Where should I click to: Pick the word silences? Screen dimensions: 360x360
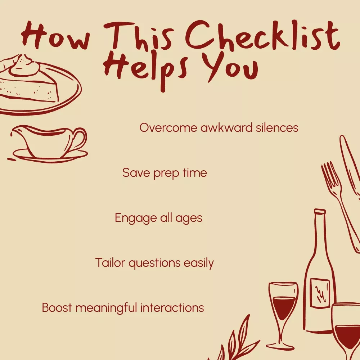[277, 127]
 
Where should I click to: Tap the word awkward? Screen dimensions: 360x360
[226, 127]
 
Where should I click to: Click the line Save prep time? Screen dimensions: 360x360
[165, 173]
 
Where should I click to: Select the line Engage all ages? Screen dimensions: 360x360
[158, 218]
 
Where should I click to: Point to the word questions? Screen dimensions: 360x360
[154, 263]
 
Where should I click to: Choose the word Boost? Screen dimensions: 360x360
[57, 308]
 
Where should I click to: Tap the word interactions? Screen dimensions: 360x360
[172, 308]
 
